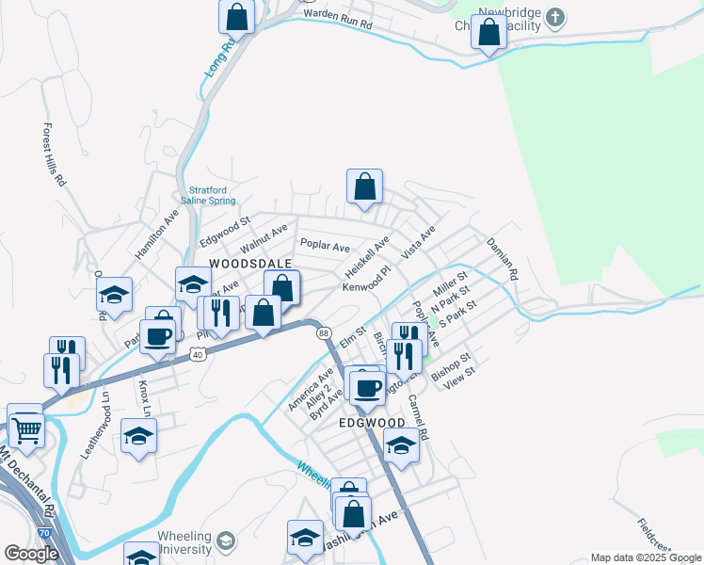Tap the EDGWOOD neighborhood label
coord(371,424)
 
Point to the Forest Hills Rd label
coord(53,153)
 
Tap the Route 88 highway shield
coord(324,333)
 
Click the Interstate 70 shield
coord(44,532)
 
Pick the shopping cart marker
coord(26,428)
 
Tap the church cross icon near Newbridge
coord(555,16)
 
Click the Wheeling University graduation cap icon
coord(225,541)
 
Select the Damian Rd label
coord(503,260)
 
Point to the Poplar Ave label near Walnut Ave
coord(325,245)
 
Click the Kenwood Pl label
coord(365,285)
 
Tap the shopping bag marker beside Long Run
coord(237,16)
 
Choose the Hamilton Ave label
coord(156,234)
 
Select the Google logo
coord(31,554)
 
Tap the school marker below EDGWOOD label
coord(402,446)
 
